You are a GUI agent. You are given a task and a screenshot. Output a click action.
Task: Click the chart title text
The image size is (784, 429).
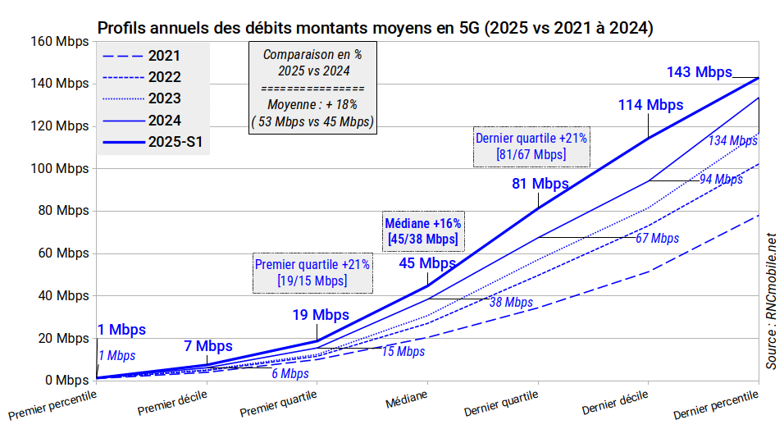pos(376,28)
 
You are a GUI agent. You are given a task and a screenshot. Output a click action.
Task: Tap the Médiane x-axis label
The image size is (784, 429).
pos(407,399)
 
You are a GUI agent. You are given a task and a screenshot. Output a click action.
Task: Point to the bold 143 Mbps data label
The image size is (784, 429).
pos(699,72)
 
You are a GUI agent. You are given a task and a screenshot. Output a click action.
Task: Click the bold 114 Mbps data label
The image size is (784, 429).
pos(650,105)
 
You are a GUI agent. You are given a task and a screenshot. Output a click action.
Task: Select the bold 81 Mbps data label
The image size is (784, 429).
pos(540,184)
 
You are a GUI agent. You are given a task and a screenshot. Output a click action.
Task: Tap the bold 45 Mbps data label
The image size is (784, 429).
pos(427,263)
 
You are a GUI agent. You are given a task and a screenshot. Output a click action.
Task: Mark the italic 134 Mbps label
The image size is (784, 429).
pos(733,140)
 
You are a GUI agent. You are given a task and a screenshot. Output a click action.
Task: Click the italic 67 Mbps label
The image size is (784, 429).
pos(657,238)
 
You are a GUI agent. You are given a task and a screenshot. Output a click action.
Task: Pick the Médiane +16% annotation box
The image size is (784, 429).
pos(423,231)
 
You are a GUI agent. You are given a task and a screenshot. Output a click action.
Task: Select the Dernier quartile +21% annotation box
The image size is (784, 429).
pos(531,146)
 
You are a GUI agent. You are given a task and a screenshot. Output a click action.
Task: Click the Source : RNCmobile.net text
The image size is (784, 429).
pos(771,300)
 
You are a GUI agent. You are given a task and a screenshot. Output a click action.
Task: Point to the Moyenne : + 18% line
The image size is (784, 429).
pos(312,104)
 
